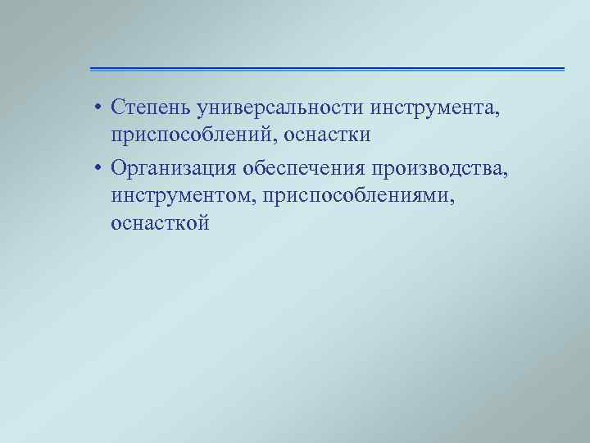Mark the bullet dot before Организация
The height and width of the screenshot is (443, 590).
pos(97,169)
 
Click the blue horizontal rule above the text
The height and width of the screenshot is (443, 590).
pos(327,69)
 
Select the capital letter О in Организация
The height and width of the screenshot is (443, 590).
pos(120,168)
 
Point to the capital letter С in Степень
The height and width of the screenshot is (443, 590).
pos(118,107)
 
